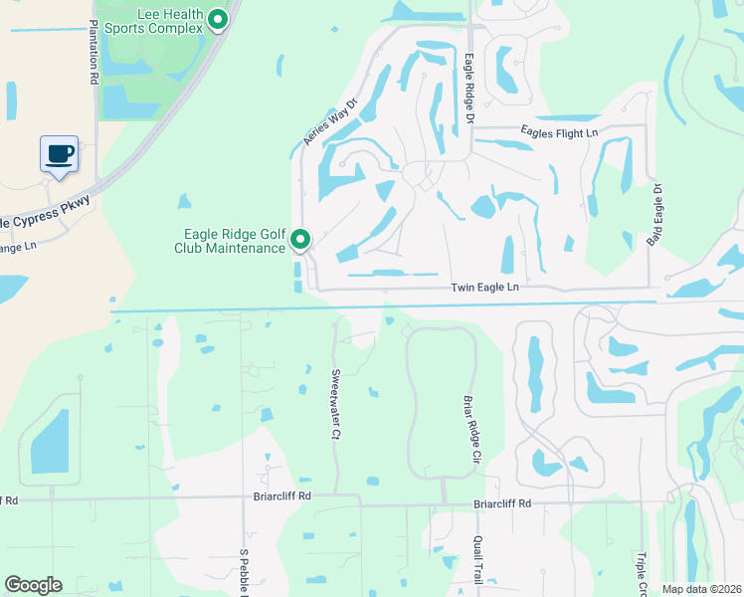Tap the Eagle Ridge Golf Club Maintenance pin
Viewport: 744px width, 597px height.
pyautogui.click(x=301, y=240)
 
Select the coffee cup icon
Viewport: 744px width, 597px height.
pyautogui.click(x=59, y=154)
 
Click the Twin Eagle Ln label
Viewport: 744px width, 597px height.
pyautogui.click(x=485, y=287)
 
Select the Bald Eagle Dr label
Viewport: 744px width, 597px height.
pyautogui.click(x=656, y=216)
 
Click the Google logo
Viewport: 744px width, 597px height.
pyautogui.click(x=33, y=585)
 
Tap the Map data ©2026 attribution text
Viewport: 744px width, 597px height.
pyautogui.click(x=701, y=589)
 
